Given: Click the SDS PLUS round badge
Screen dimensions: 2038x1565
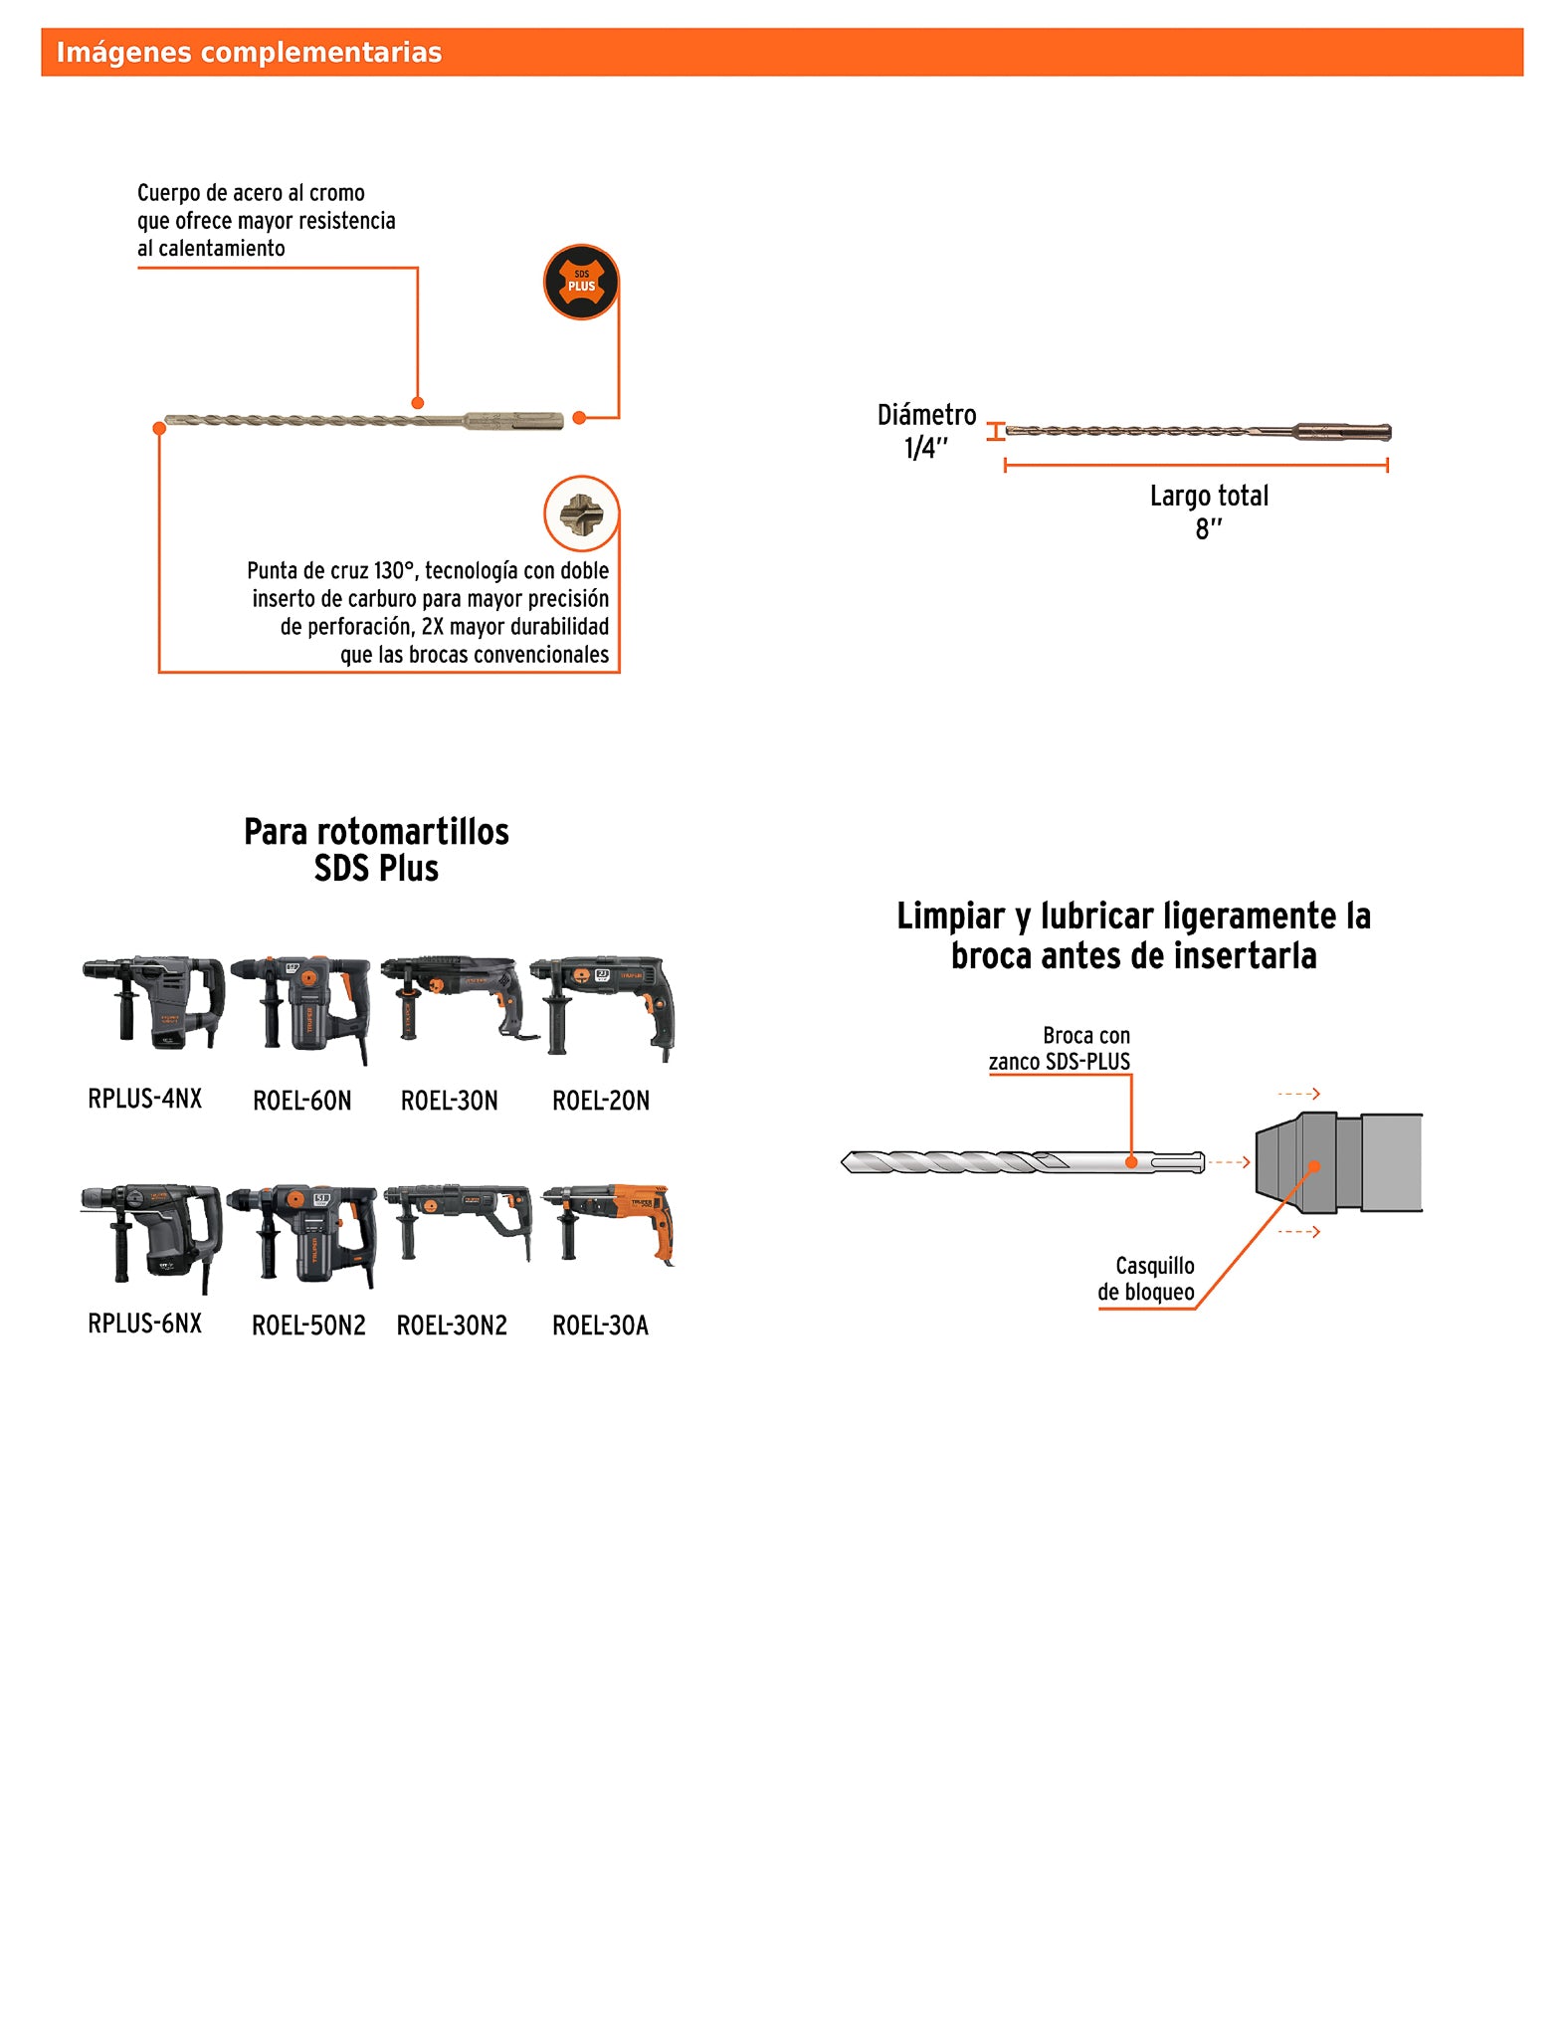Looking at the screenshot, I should [x=581, y=283].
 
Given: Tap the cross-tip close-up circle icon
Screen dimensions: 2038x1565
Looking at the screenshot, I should [x=581, y=513].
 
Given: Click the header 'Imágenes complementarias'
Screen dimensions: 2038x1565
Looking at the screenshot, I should [x=249, y=53].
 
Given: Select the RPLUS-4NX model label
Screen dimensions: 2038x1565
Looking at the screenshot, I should [x=145, y=1099].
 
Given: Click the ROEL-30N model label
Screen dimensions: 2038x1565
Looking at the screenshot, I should [x=449, y=1101].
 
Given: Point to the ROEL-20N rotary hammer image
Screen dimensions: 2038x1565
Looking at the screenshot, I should [x=604, y=1007].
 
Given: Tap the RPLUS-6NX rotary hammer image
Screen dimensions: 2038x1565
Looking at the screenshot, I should [x=152, y=1234].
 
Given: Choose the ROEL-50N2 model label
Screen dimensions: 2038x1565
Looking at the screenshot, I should [x=308, y=1325].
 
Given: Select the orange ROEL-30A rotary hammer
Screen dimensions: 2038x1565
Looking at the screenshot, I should [x=609, y=1222].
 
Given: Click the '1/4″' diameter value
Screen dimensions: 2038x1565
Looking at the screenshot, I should [x=926, y=449].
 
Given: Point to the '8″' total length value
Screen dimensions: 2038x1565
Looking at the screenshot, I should [x=1209, y=529].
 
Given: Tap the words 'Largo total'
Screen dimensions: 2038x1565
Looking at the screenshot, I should [x=1209, y=496].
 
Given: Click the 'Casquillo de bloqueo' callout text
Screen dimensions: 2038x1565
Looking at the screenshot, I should [x=1147, y=1279].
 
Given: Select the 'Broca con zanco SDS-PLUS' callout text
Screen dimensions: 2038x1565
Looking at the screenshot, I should [x=1061, y=1049].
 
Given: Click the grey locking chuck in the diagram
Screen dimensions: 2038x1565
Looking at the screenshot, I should [x=1337, y=1162].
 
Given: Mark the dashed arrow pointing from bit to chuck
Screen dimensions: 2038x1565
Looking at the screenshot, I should [x=1230, y=1162].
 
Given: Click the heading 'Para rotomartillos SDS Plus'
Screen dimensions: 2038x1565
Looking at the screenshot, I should [x=376, y=850].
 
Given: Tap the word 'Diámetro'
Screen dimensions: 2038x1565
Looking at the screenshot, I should [x=926, y=415].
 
